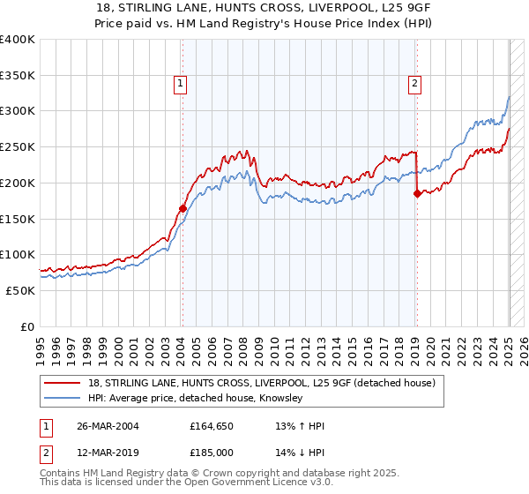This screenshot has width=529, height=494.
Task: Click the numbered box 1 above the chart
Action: (x=180, y=84)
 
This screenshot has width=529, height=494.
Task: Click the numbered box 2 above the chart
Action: (x=414, y=84)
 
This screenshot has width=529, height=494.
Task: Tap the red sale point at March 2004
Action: (x=183, y=209)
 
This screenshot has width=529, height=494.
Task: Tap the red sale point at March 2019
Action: (x=417, y=194)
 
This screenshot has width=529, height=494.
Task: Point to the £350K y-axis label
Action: (x=18, y=76)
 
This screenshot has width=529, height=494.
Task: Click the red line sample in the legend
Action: (x=63, y=383)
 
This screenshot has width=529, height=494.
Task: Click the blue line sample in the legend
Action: (x=63, y=399)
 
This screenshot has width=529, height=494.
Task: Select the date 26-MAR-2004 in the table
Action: (x=101, y=426)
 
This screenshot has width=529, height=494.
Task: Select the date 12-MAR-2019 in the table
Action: (x=101, y=452)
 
